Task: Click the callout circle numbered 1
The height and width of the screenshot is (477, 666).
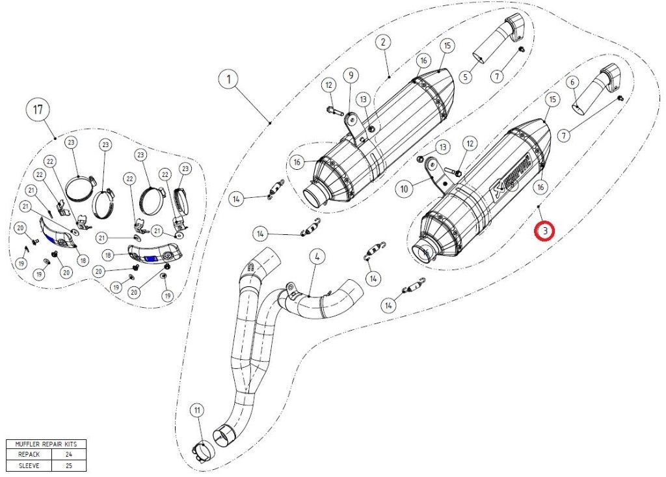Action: [x=228, y=80]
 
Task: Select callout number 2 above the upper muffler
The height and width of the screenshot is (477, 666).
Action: [x=384, y=42]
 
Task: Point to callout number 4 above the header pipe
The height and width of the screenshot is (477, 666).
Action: [x=317, y=256]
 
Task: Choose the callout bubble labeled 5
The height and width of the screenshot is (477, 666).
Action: [x=465, y=77]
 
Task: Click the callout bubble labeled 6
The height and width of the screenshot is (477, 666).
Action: [x=572, y=83]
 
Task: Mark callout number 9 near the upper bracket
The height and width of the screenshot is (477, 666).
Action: [x=351, y=75]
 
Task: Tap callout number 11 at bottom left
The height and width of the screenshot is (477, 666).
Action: [x=197, y=410]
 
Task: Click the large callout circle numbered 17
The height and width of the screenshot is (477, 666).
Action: [x=38, y=109]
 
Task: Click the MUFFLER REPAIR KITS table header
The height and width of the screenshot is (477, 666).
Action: [x=46, y=444]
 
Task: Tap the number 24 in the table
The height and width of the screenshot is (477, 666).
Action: [x=68, y=455]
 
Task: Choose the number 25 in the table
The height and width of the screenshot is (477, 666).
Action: [x=68, y=466]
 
